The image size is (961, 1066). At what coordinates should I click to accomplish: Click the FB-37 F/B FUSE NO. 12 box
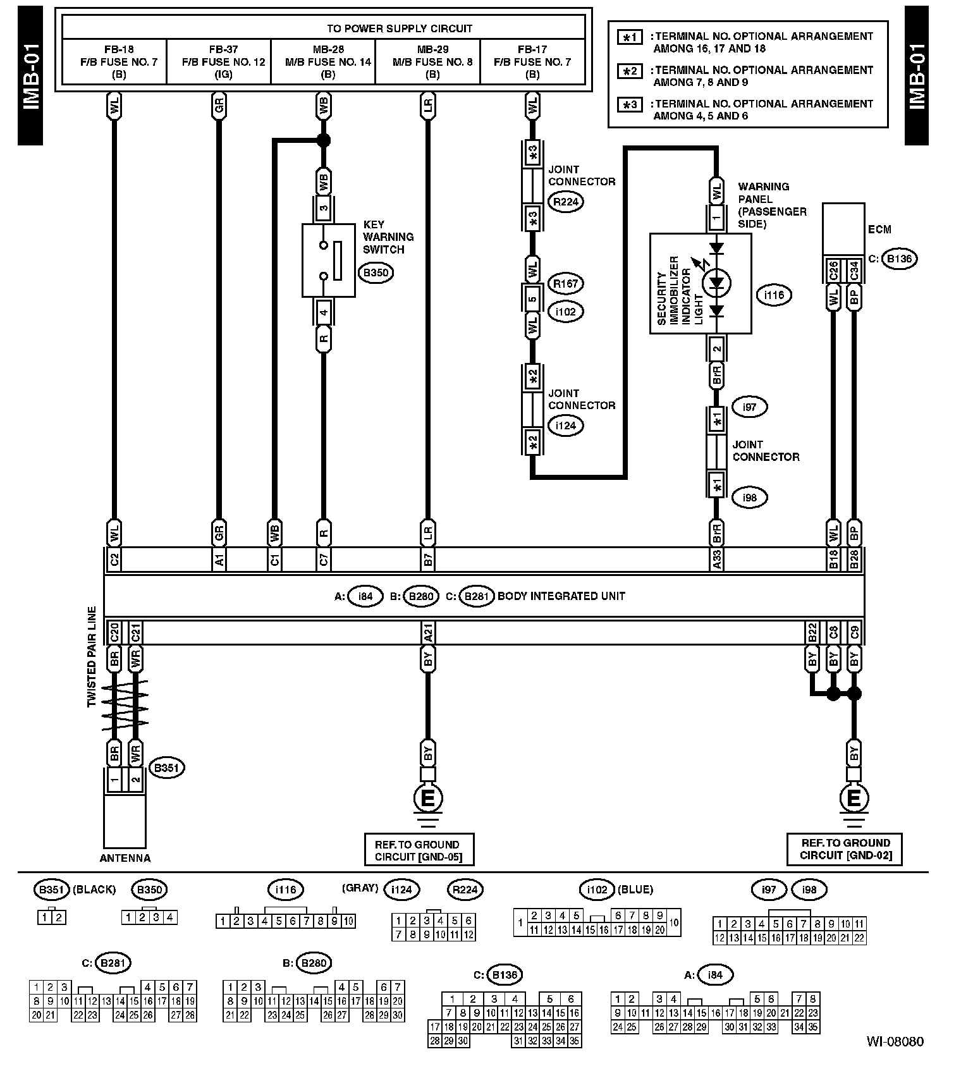(x=219, y=61)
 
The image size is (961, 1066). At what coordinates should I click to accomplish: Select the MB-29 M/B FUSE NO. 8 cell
(x=428, y=61)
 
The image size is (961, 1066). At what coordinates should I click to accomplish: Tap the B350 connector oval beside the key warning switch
(x=376, y=274)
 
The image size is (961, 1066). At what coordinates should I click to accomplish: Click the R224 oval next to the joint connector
(x=566, y=202)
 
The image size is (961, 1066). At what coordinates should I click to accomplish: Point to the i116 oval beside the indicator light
(x=774, y=295)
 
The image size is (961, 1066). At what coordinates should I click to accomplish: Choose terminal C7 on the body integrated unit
(x=324, y=560)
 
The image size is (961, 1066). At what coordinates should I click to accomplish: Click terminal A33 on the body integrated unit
(x=717, y=560)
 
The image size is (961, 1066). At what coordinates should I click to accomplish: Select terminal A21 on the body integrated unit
(x=428, y=632)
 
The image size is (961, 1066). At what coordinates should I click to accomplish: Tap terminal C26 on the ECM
(x=833, y=271)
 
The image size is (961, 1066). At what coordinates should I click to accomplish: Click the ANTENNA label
(x=125, y=858)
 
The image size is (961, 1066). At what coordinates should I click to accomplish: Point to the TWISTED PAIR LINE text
(x=92, y=657)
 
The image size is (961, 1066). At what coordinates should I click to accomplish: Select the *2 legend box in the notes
(x=630, y=71)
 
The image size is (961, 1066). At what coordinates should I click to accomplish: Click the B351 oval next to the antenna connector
(x=166, y=768)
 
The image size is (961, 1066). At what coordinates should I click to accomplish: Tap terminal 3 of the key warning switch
(x=324, y=207)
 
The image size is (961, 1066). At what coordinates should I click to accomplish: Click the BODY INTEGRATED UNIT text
(x=561, y=596)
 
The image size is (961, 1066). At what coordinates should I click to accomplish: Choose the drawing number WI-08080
(x=895, y=1041)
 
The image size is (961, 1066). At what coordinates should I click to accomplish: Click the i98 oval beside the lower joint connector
(x=749, y=498)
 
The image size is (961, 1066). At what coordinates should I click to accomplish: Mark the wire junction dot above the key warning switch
(x=324, y=140)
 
